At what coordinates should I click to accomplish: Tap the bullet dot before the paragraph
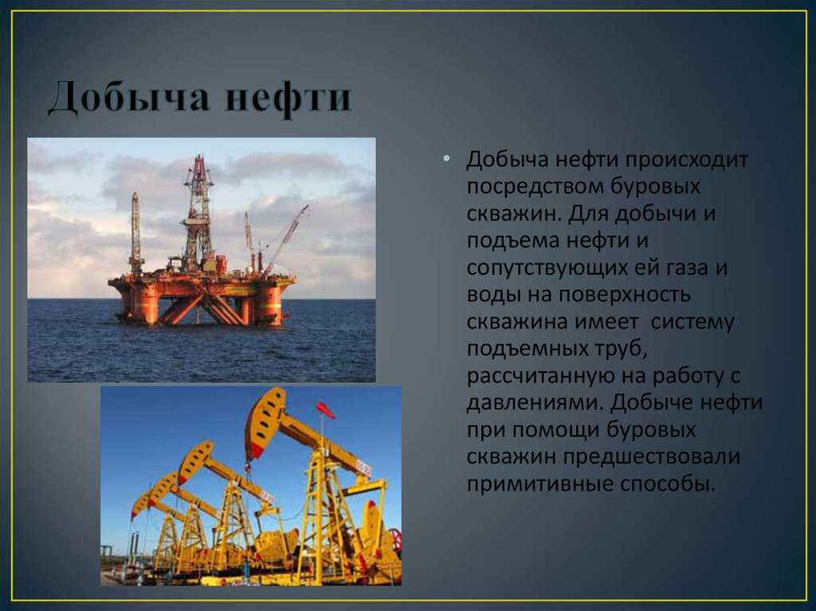pos(446,158)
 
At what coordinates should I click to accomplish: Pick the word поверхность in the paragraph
pos(625,295)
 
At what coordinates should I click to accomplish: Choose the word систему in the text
pos(692,322)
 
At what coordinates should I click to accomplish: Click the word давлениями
pos(535,403)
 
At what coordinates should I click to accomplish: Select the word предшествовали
pos(651,457)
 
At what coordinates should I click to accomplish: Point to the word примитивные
pos(539,484)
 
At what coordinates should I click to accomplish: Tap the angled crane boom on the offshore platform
pos(286,239)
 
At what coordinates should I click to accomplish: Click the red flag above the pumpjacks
pos(326,410)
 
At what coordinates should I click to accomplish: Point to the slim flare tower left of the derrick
pos(135,233)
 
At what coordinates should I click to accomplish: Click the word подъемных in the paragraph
pos(526,349)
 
